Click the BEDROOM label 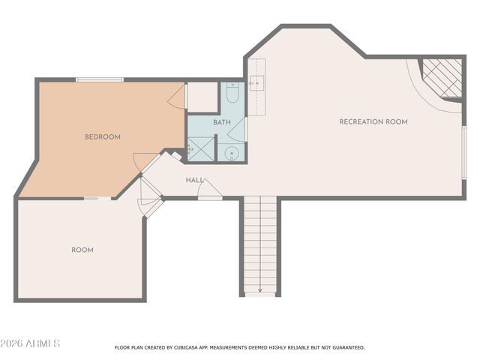(x=102, y=136)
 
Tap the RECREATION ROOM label (x=373, y=121)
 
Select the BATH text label (x=222, y=122)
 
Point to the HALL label (x=195, y=180)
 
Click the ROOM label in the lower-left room (x=82, y=250)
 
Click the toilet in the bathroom (x=232, y=94)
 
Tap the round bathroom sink (x=232, y=154)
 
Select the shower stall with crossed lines (x=201, y=148)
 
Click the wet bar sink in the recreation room (x=257, y=82)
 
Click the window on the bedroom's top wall (x=99, y=79)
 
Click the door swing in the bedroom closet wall (x=178, y=97)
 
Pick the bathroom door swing (x=237, y=131)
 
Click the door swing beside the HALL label (x=209, y=190)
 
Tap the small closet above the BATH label (x=202, y=97)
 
